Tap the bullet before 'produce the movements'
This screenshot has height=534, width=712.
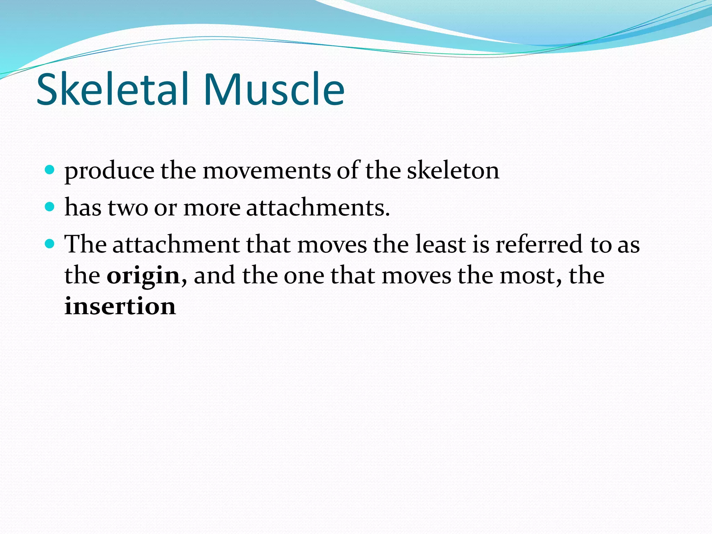tap(50, 170)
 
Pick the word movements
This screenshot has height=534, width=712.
tap(267, 171)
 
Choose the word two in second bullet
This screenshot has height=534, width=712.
tap(128, 208)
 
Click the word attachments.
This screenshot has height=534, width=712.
tap(318, 208)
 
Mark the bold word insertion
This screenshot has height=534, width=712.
tap(120, 306)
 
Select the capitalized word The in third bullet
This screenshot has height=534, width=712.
tap(86, 244)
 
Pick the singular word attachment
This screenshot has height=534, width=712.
tap(176, 244)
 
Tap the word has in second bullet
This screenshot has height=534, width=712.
tap(83, 208)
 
